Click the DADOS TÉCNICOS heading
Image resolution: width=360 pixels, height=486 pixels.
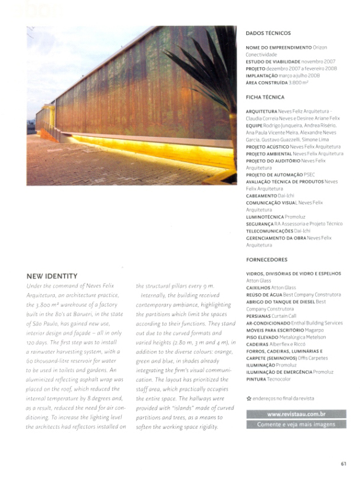[x=268, y=34]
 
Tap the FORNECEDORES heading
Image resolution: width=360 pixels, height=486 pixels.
[x=267, y=260]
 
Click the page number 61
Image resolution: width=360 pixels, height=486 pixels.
[x=343, y=462]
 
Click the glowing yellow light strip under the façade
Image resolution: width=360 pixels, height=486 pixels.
[x=148, y=146]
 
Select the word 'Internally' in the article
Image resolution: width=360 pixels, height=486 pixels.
[x=155, y=295]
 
